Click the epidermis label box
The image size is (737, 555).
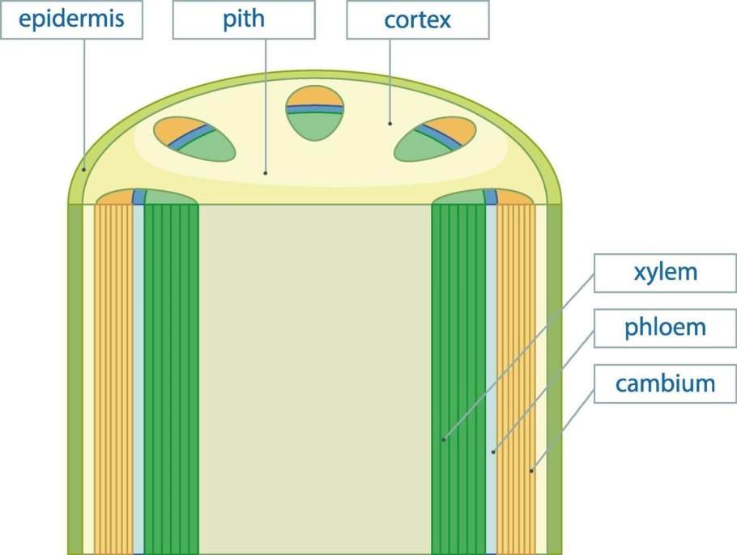(x=71, y=20)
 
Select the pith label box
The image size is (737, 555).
(x=243, y=20)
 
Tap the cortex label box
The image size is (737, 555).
(x=417, y=20)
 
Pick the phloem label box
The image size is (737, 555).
(x=665, y=328)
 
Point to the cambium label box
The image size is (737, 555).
(x=665, y=383)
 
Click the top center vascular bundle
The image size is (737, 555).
(x=315, y=113)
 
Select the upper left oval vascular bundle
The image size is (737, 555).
(x=195, y=139)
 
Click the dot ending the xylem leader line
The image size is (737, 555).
(x=444, y=440)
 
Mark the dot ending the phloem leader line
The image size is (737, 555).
(x=492, y=453)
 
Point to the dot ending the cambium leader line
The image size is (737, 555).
(x=531, y=469)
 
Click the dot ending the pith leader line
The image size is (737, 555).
(x=265, y=172)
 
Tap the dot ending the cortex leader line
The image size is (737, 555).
(x=390, y=124)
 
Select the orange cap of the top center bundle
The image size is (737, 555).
(x=315, y=97)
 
